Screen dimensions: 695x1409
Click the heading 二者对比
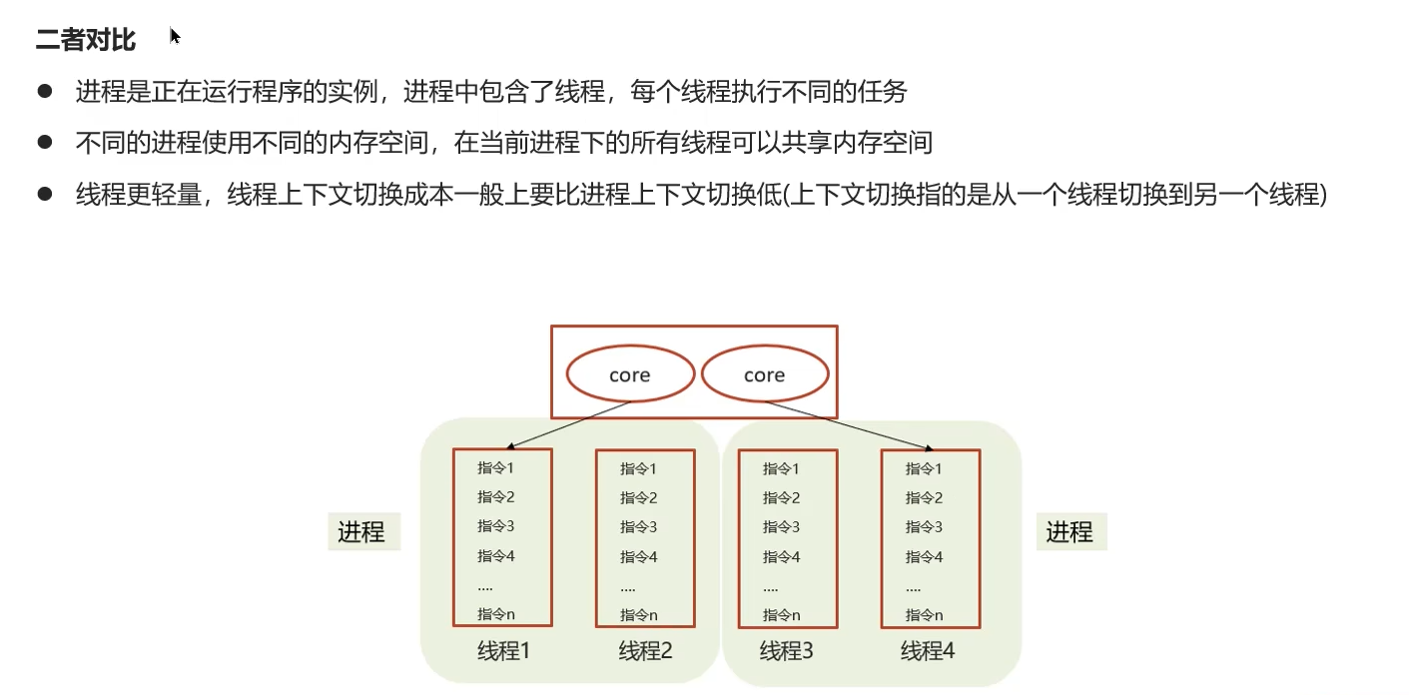[86, 40]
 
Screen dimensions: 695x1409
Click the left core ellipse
[629, 375]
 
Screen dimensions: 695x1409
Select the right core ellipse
[765, 375]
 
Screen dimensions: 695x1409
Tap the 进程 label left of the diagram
[361, 532]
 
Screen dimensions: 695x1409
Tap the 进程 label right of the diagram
[1069, 532]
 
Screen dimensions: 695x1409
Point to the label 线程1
[503, 652]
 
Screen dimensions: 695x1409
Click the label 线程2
[645, 652]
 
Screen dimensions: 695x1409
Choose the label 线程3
[787, 652]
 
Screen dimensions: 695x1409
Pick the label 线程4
[928, 652]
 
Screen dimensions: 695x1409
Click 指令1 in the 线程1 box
[495, 467]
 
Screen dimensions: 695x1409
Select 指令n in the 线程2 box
[638, 615]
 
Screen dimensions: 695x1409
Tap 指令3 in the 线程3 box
[781, 527]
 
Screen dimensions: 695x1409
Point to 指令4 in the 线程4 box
[924, 557]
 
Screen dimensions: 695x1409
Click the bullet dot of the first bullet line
[44, 92]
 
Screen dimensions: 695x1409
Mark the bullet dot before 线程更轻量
[44, 194]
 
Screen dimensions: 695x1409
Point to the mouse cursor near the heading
[175, 37]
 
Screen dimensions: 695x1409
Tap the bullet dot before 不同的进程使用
[44, 143]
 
